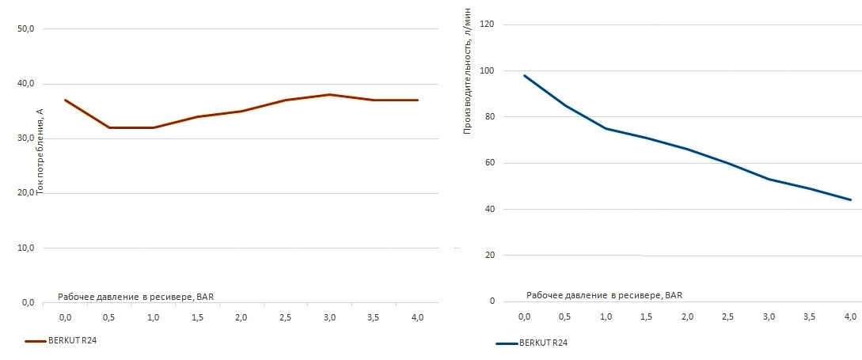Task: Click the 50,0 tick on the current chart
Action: pos(26,29)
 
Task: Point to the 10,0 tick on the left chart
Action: pos(26,248)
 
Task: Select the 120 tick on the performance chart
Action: pos(487,25)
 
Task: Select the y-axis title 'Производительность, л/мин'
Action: pos(467,70)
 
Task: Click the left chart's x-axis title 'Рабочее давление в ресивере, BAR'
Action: pos(135,297)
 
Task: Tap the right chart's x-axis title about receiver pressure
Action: pos(604,295)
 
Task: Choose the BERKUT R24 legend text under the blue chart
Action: pos(544,343)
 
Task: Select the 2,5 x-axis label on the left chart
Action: pos(286,317)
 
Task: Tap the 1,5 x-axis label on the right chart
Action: pos(646,316)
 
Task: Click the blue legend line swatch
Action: pos(506,343)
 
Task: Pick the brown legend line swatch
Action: pos(36,341)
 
